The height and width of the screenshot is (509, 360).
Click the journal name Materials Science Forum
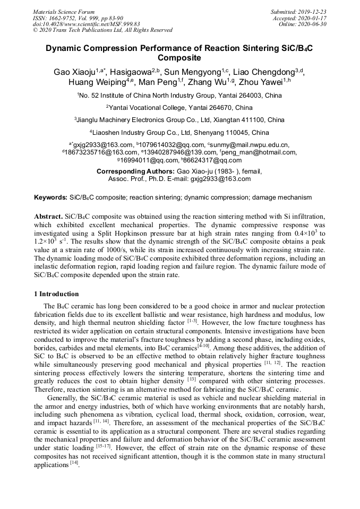(64, 12)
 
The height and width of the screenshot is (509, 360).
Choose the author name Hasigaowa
(128, 72)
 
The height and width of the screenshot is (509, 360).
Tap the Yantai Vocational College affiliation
(179, 107)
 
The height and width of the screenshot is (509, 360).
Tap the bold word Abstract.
(48, 218)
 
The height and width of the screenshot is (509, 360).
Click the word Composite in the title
(179, 58)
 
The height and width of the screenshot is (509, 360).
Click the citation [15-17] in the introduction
(103, 447)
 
